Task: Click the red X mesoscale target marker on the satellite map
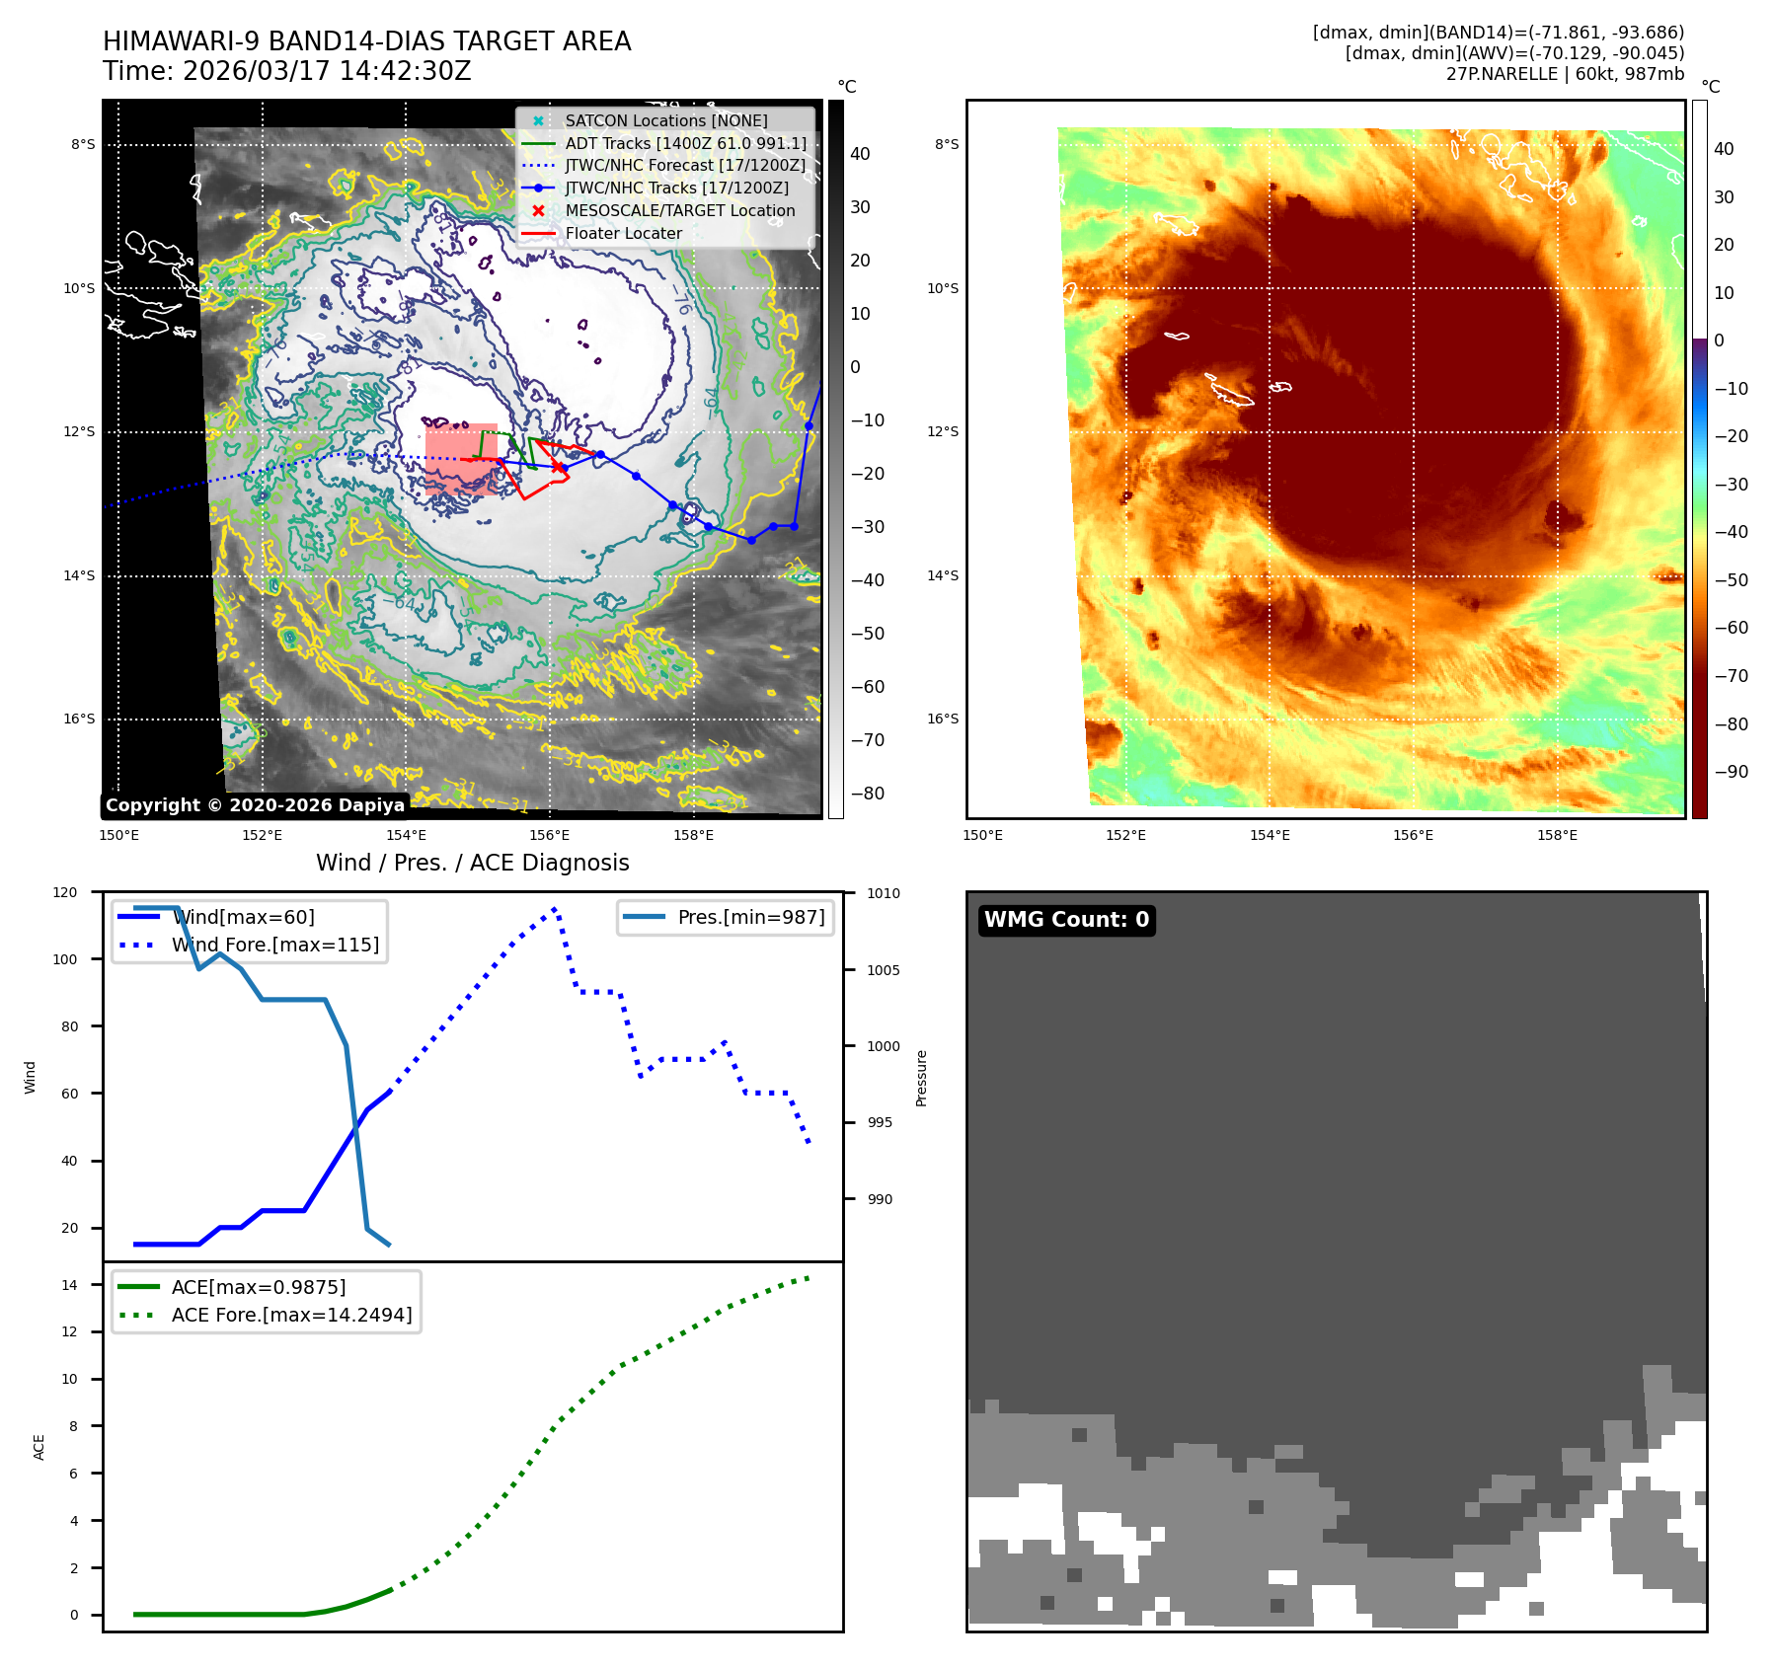[557, 466]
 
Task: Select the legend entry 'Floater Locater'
[623, 234]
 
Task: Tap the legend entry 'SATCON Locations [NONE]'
[665, 120]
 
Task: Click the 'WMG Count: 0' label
[1066, 920]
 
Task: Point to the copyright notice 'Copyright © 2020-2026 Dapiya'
[255, 805]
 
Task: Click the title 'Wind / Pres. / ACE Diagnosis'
[472, 863]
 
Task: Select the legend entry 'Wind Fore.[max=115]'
[274, 945]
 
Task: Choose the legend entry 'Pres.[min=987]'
[750, 917]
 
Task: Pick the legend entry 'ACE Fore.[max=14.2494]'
[291, 1315]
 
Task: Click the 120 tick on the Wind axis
[65, 892]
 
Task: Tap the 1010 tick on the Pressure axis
[884, 893]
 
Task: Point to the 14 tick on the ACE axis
[69, 1285]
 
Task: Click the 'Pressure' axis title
[921, 1078]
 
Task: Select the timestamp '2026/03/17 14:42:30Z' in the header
[327, 71]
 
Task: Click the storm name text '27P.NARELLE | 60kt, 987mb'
[1565, 74]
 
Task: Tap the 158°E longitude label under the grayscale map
[693, 836]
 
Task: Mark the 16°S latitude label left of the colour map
[942, 719]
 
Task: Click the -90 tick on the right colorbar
[1731, 772]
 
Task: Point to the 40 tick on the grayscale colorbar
[860, 154]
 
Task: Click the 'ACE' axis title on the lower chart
[39, 1447]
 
